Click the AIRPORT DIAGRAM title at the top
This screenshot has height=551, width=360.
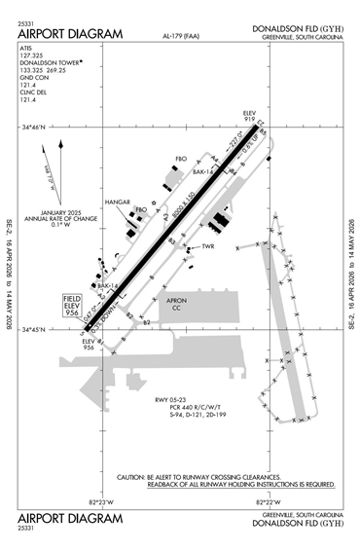coord(70,34)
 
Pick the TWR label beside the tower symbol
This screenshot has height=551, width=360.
coord(207,246)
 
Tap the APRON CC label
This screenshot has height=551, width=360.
coord(177,304)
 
